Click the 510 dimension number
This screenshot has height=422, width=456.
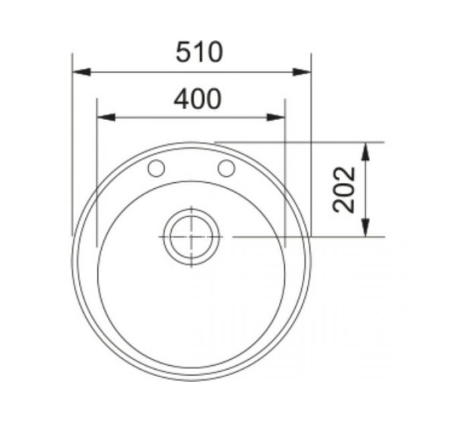tap(200, 52)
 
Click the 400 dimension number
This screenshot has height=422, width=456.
tap(198, 99)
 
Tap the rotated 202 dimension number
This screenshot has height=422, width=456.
tap(344, 190)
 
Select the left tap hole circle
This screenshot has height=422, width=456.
tap(156, 168)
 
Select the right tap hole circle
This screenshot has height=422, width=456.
tap(226, 168)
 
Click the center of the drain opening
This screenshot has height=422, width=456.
tap(191, 236)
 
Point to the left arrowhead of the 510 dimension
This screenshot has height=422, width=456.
tap(81, 72)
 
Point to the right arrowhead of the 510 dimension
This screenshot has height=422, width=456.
tap(302, 72)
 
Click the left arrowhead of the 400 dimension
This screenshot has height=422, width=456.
tap(106, 117)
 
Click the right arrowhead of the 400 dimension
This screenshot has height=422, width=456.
tap(276, 117)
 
